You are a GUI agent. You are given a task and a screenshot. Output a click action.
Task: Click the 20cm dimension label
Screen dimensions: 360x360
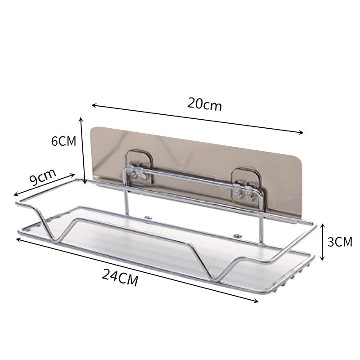click(x=205, y=104)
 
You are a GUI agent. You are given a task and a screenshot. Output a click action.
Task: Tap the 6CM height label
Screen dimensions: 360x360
click(x=63, y=141)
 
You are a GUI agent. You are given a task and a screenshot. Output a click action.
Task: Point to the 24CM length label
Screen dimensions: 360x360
click(x=120, y=278)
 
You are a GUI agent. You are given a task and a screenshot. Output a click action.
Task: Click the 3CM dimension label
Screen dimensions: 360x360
click(x=340, y=242)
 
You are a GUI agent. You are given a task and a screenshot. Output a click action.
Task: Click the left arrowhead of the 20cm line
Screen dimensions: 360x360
click(x=94, y=105)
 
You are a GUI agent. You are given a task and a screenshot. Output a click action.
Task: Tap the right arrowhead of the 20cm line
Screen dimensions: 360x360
click(x=301, y=132)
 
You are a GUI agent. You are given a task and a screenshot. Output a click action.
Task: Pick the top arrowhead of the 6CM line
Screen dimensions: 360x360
click(x=81, y=119)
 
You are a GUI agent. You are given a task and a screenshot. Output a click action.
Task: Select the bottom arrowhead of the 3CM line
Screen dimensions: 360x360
click(x=323, y=258)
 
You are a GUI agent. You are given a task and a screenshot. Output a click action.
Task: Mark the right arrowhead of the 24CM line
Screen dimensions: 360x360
click(x=256, y=301)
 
